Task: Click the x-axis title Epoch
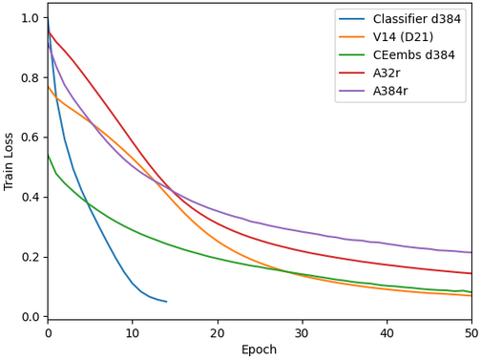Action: tap(260, 349)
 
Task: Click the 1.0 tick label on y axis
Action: tap(30, 18)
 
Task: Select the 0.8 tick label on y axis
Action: tap(30, 77)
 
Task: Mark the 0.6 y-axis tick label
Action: tap(30, 138)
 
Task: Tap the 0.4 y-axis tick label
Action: tap(30, 197)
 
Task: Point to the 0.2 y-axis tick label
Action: tap(30, 257)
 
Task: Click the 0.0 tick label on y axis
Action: tap(30, 316)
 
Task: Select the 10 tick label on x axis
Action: tap(133, 331)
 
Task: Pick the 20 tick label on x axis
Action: tap(218, 331)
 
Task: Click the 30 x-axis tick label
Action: tap(302, 331)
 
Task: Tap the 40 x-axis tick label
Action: tap(387, 331)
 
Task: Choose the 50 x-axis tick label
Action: tap(471, 331)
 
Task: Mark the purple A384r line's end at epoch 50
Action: tap(471, 252)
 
